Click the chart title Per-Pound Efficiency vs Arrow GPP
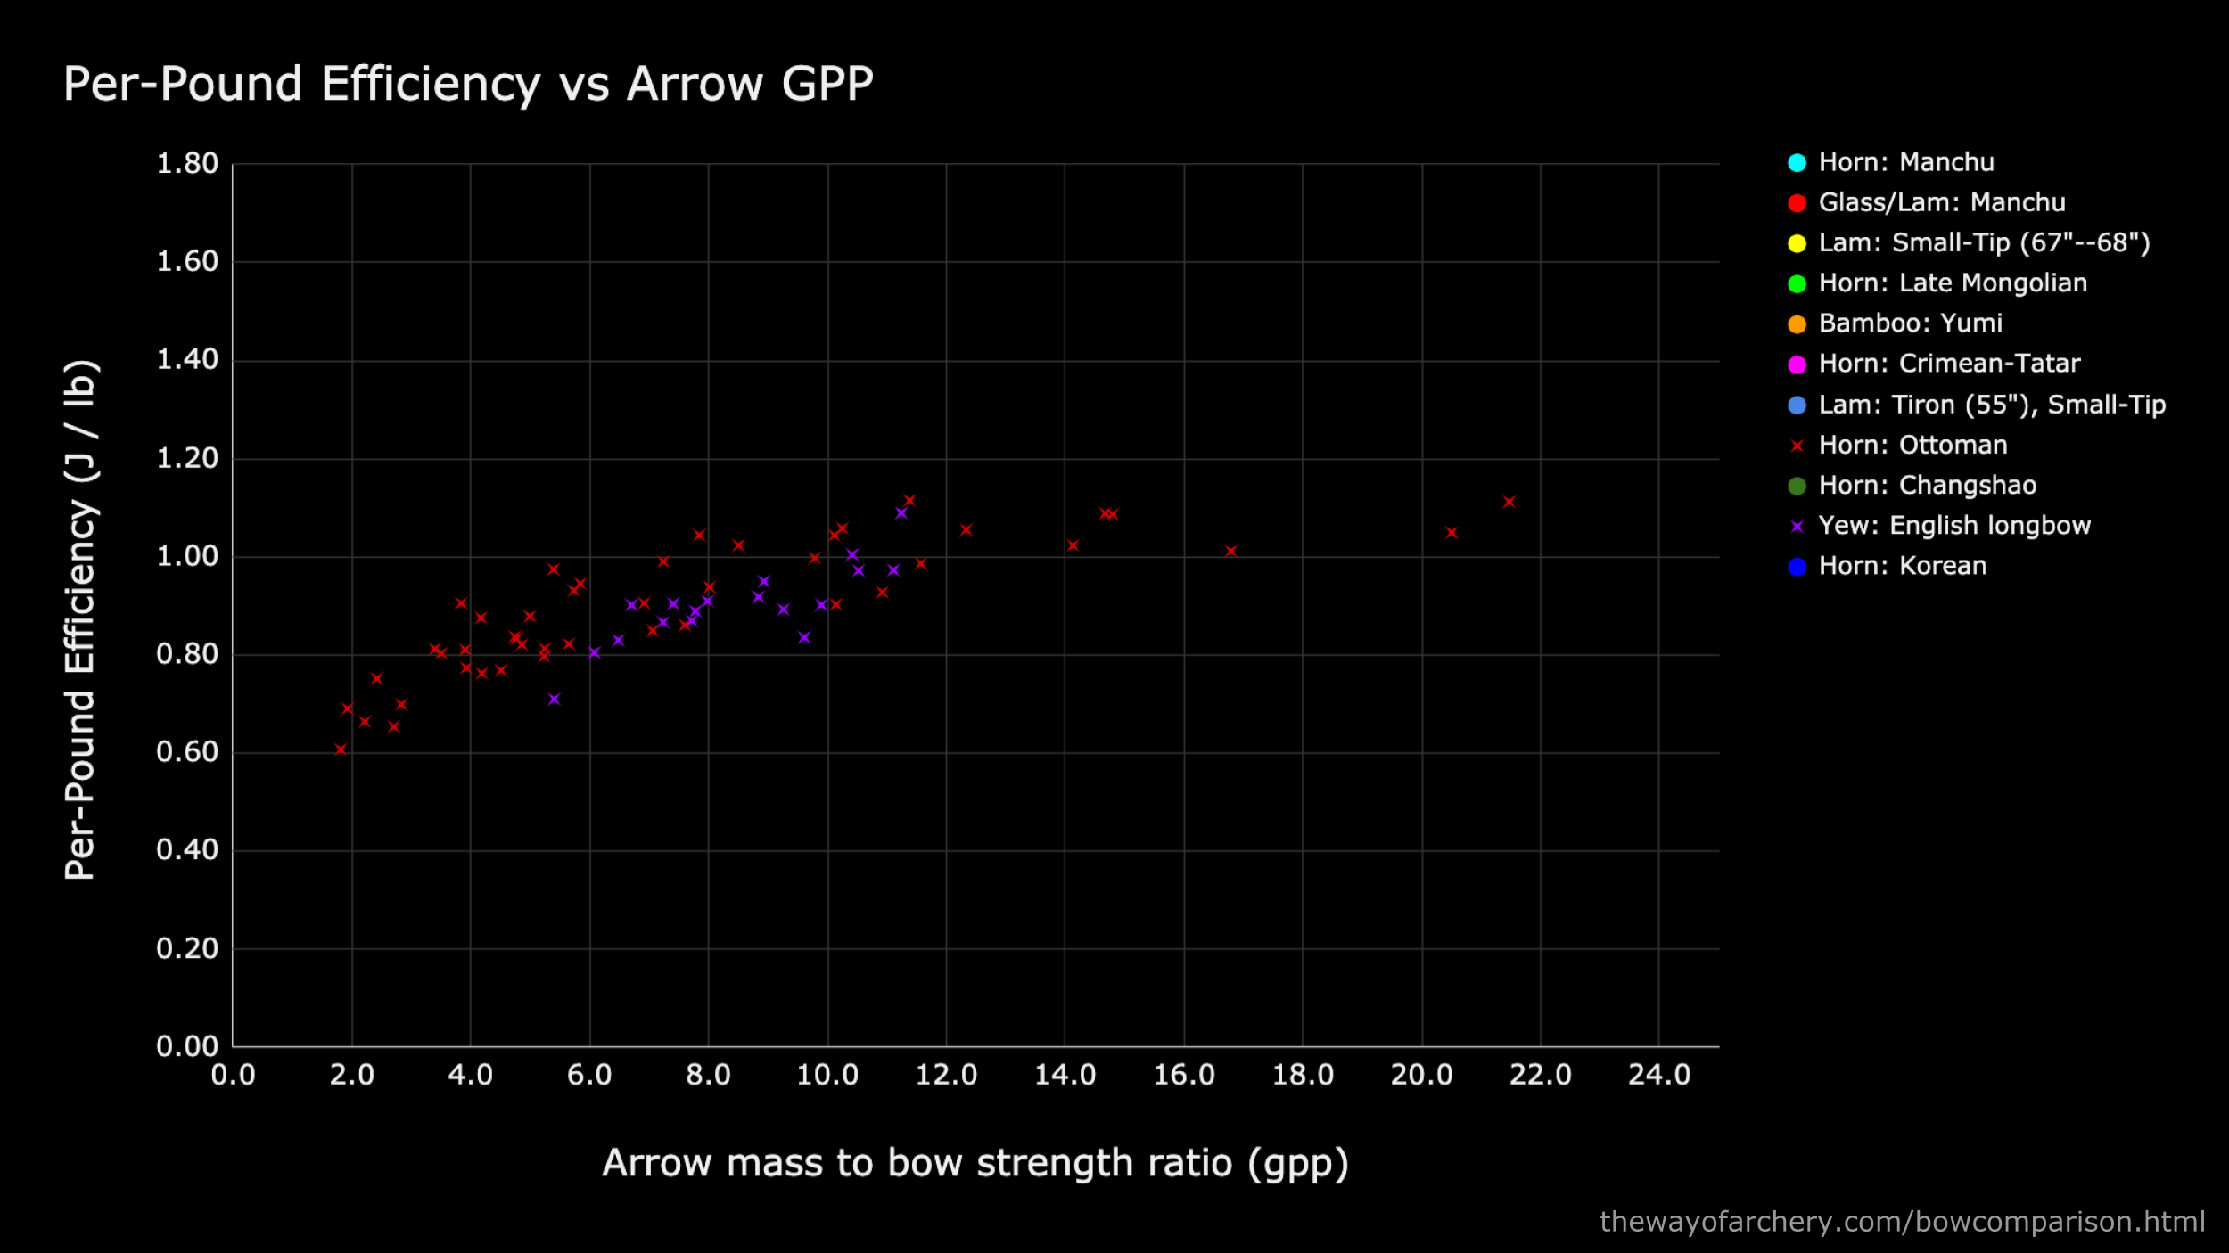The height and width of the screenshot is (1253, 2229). [468, 85]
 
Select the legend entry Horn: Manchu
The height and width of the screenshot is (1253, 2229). [1905, 162]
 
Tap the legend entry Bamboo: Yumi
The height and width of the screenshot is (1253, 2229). [1910, 323]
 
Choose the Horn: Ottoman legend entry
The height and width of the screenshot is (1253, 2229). [1912, 445]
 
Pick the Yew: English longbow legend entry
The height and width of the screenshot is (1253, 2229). [1953, 526]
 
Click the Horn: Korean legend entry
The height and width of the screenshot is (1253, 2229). [1902, 566]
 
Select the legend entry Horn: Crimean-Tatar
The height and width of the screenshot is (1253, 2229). [1948, 364]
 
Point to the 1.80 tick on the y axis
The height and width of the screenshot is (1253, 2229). [187, 164]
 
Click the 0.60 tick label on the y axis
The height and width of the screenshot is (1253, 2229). [187, 752]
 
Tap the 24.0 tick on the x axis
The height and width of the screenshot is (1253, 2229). [1659, 1075]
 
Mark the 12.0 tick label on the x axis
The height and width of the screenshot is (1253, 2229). [946, 1075]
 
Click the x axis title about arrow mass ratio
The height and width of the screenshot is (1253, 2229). [975, 1163]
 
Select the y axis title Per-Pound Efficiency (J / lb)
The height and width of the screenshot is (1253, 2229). [80, 619]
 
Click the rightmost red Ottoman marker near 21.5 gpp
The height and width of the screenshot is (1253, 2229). [1509, 502]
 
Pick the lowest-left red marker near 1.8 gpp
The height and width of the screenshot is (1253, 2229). [341, 749]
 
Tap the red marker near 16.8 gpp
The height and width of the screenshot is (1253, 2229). [1230, 551]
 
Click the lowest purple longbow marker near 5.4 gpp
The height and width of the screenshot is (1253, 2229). [554, 699]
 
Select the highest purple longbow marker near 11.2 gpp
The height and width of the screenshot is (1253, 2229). [901, 512]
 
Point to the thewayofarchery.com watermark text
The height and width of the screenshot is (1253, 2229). [1902, 1221]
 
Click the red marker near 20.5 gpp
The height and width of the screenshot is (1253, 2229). [1451, 532]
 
